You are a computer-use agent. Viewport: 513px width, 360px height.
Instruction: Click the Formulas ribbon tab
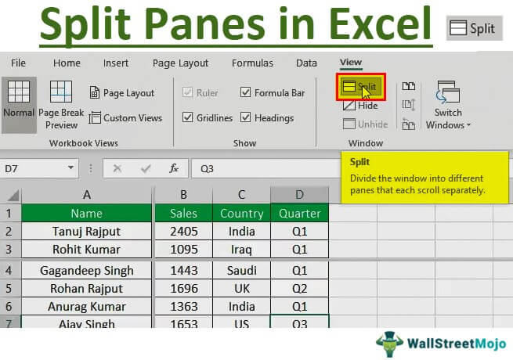tap(252, 63)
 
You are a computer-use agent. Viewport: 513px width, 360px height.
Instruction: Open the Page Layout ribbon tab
tap(181, 63)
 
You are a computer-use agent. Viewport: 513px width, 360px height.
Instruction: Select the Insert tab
tap(116, 63)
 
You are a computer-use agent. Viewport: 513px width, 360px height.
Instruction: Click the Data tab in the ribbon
tap(306, 63)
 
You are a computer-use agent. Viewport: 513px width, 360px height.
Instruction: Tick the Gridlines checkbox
tap(188, 118)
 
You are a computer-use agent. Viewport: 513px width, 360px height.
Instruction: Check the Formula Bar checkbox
tap(246, 93)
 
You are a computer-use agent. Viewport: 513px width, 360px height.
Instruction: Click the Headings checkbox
tap(246, 118)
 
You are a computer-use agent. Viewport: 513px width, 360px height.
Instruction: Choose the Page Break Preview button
tap(61, 104)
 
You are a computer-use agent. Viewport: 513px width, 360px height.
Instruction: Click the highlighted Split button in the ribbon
tap(360, 87)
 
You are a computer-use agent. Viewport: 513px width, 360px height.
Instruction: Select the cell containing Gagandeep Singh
tap(86, 271)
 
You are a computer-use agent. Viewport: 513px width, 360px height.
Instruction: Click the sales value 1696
tap(183, 288)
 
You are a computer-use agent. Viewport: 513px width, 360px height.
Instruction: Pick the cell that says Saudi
tap(241, 271)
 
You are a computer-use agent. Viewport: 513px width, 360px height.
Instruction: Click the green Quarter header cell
tap(300, 213)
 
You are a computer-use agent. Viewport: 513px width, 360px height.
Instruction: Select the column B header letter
tap(183, 194)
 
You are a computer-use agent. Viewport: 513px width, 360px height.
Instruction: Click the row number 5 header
tap(10, 288)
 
